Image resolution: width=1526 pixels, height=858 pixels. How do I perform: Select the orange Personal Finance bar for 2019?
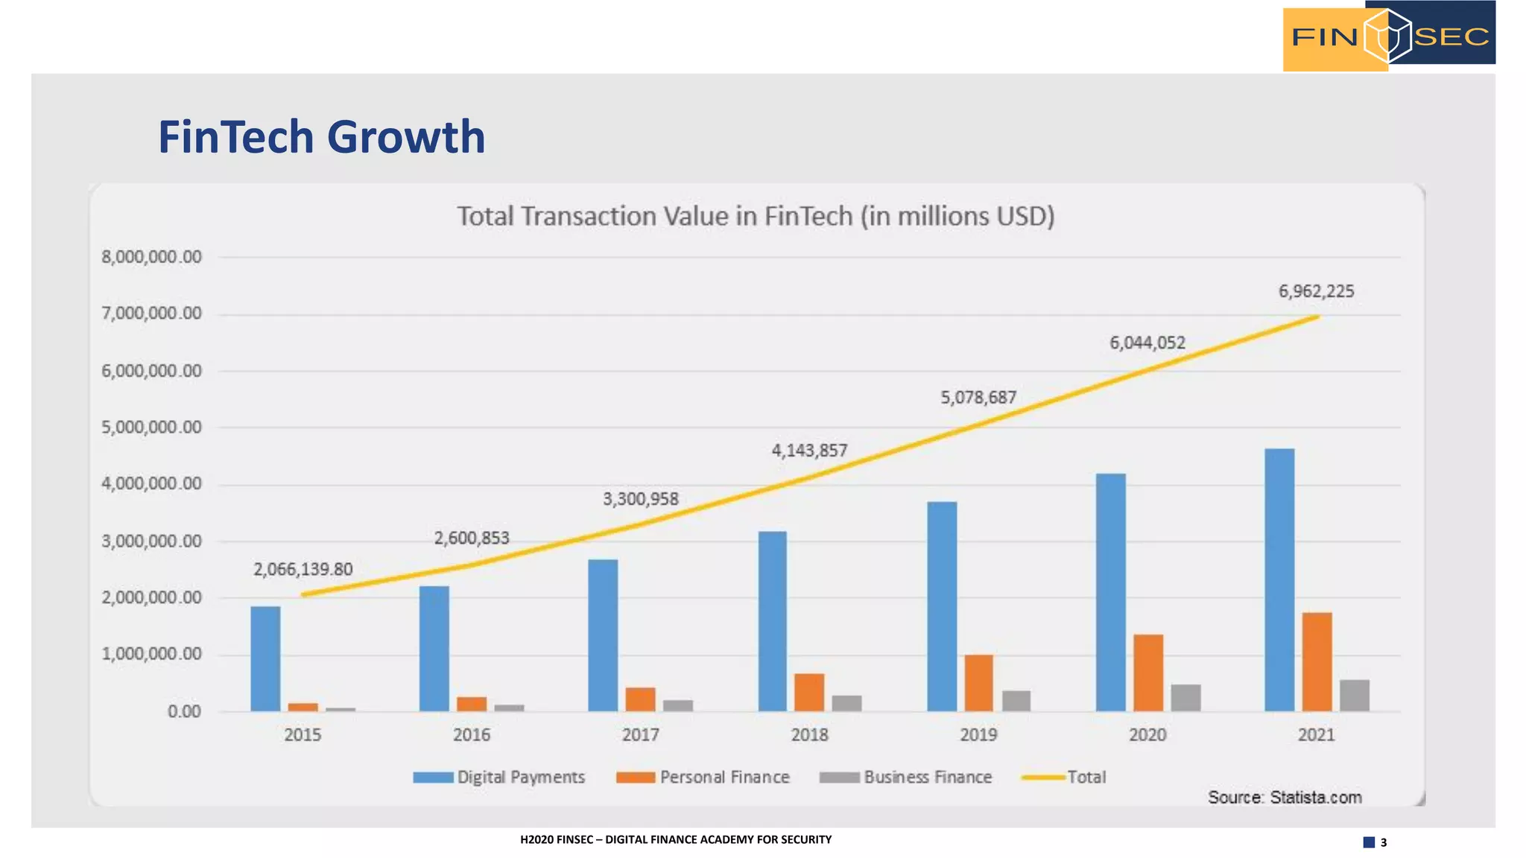(978, 683)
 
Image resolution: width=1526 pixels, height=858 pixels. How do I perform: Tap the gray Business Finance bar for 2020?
(1185, 698)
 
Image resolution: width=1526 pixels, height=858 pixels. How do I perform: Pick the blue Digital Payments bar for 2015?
(265, 658)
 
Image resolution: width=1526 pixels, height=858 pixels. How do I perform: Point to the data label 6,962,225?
(1316, 291)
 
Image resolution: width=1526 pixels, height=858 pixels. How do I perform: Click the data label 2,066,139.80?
(303, 570)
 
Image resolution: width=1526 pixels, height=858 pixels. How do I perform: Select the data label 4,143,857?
(809, 451)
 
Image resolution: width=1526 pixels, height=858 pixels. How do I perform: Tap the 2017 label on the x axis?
(640, 735)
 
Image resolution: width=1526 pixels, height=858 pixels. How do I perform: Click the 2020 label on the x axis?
(1147, 735)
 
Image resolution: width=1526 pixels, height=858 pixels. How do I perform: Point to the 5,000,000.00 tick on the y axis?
(151, 428)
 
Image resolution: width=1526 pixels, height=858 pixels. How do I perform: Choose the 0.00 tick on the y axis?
(183, 712)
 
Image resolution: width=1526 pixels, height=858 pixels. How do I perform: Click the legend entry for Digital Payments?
(499, 777)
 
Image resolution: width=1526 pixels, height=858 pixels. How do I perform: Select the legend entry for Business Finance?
(906, 777)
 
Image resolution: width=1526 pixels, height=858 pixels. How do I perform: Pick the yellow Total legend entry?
(1064, 777)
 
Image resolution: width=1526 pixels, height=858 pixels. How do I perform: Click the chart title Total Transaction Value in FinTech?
(755, 216)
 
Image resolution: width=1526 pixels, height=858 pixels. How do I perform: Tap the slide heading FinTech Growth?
(321, 137)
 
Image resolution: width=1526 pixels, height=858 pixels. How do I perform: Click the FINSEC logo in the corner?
(1388, 36)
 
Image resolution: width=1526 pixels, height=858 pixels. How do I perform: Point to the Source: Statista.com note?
(1284, 798)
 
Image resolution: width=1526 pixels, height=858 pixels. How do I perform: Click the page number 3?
(1383, 842)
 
